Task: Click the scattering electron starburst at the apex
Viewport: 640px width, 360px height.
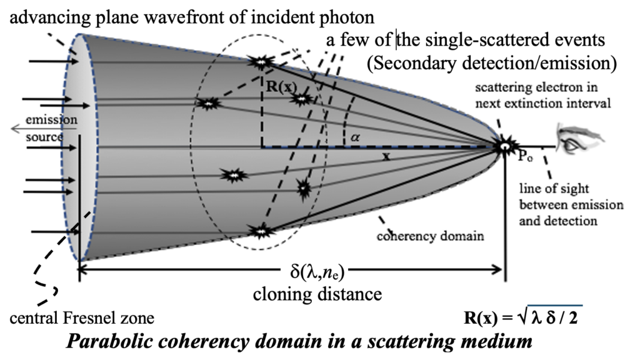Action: click(x=502, y=146)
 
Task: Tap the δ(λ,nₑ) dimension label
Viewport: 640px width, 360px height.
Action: click(x=317, y=272)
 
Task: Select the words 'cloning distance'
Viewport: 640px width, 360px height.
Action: click(x=317, y=293)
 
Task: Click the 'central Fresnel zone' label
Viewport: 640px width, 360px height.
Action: click(x=82, y=318)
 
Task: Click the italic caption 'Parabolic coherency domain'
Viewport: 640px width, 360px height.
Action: click(x=299, y=342)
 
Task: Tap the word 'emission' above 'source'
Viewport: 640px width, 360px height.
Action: click(x=44, y=119)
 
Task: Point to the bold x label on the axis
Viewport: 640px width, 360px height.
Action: click(x=386, y=157)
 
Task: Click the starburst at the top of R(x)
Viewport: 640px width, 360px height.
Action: click(x=260, y=61)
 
